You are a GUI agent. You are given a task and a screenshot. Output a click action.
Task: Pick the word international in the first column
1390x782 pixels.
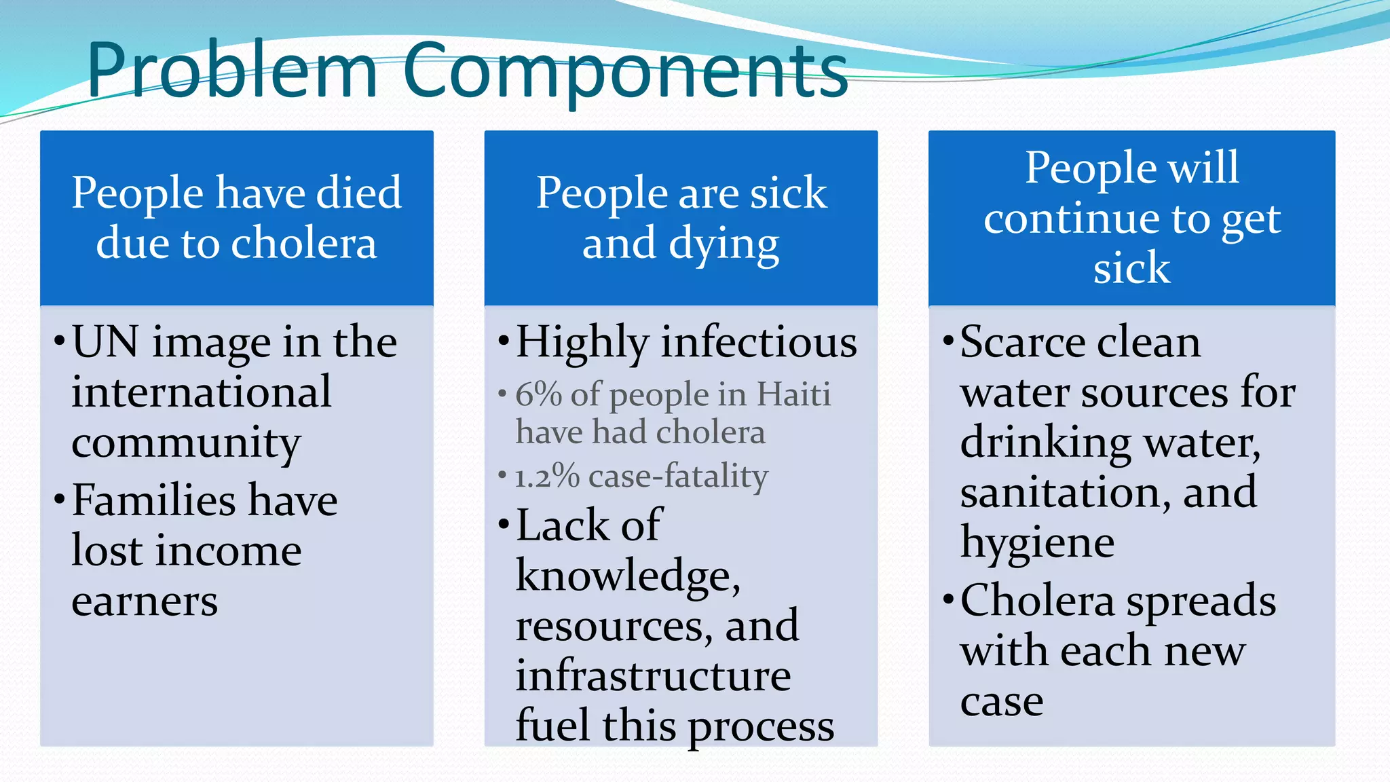(202, 392)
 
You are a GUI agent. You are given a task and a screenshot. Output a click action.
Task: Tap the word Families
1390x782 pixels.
(153, 500)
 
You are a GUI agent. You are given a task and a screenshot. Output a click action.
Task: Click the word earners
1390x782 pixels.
(145, 601)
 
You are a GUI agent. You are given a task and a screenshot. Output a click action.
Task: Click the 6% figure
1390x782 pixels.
(537, 394)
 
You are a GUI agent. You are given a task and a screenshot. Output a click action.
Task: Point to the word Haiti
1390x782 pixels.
(793, 394)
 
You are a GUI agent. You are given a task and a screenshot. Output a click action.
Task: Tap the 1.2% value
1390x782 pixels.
(546, 477)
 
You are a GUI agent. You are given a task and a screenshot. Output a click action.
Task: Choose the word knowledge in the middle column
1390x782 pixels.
(627, 576)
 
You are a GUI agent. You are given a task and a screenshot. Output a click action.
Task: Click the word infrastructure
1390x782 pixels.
(653, 676)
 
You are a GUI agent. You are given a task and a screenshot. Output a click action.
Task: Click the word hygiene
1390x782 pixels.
(1037, 544)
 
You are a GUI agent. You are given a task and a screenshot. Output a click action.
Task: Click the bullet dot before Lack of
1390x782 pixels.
(503, 523)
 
